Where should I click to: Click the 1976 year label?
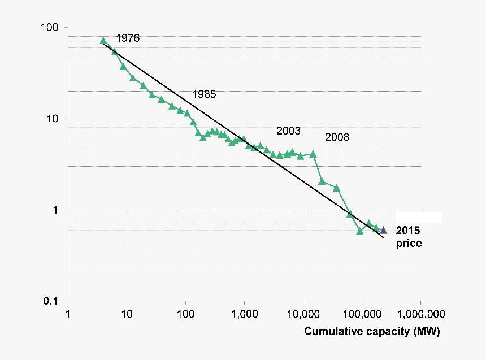coord(128,38)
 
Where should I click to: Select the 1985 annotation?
coord(204,94)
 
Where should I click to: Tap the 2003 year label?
coord(288,131)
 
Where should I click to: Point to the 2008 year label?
coord(337,137)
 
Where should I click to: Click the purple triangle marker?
coord(383,230)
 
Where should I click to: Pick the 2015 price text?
coord(409,237)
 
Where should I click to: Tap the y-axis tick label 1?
coord(59,210)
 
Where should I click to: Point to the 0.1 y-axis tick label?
coord(54,301)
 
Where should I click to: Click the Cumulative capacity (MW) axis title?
coord(372,332)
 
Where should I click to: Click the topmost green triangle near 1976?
coord(103,41)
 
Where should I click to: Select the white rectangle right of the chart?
coord(418,217)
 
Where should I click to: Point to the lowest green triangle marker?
coord(360,231)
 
